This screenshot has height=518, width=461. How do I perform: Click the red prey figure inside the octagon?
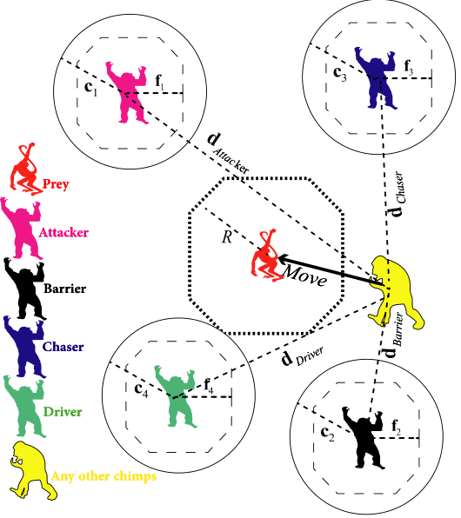click(x=268, y=256)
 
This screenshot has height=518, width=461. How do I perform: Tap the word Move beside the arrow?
click(x=304, y=276)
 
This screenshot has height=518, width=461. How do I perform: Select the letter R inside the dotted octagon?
click(x=227, y=236)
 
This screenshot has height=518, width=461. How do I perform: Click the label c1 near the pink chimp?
click(x=91, y=87)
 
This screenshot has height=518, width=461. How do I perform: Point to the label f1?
click(x=159, y=82)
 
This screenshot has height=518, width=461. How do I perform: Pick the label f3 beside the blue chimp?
click(x=409, y=67)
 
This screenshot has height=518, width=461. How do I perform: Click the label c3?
click(x=340, y=73)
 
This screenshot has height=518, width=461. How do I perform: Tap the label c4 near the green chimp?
click(x=141, y=389)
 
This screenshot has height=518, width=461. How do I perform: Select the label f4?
click(x=209, y=386)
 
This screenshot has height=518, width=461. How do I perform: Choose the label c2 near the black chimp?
click(x=328, y=434)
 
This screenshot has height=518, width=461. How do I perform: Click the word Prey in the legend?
click(x=56, y=184)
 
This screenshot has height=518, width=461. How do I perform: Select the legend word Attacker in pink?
click(x=63, y=233)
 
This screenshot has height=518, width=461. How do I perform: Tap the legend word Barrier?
click(x=65, y=289)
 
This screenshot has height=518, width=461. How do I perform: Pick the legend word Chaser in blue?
click(x=63, y=347)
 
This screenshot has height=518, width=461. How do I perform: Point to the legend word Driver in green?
click(x=63, y=412)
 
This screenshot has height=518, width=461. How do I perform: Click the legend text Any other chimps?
click(x=104, y=476)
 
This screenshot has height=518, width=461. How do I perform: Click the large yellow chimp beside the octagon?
click(x=396, y=293)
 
